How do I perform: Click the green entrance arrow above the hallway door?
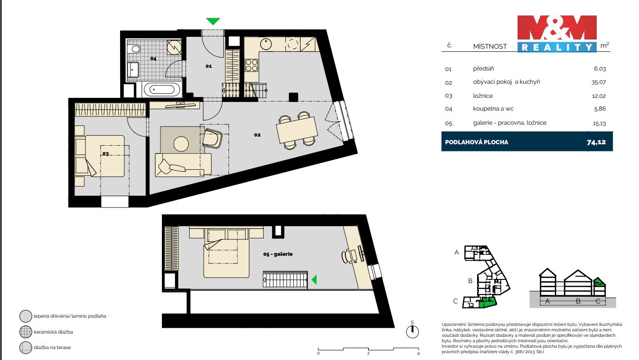(213, 21)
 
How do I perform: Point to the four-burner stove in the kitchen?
(252, 65)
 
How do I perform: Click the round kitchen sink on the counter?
(266, 44)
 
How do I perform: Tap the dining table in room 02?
(297, 129)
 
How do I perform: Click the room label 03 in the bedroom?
(106, 154)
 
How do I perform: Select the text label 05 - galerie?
(277, 254)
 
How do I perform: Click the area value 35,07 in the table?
(599, 82)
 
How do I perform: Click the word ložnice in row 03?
(483, 96)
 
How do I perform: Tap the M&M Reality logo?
(557, 33)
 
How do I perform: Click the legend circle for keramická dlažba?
(25, 332)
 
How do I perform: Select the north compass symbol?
(412, 331)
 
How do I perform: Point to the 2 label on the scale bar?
(368, 353)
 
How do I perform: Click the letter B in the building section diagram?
(578, 301)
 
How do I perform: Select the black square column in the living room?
(293, 96)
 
